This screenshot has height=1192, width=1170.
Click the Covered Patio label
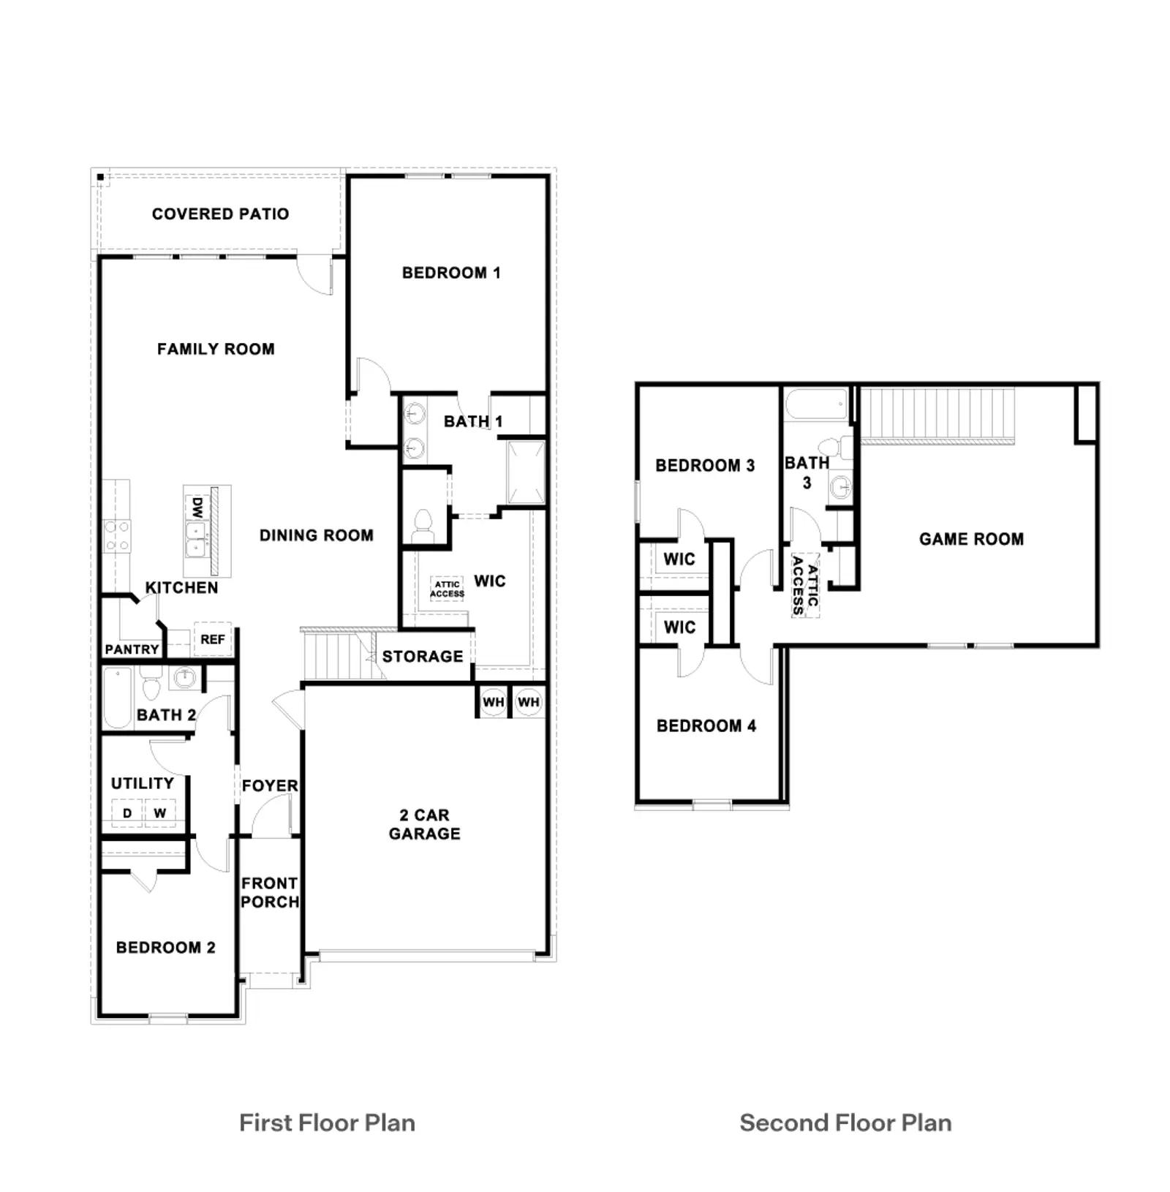coord(220,214)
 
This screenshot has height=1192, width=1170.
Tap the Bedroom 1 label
coord(451,273)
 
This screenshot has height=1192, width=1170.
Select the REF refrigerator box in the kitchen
coord(213,639)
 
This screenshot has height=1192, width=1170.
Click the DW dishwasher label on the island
coord(197,508)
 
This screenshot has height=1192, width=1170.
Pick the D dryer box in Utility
coord(127,813)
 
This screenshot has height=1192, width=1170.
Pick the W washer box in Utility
coord(160,813)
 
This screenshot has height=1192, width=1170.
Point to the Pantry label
coord(132,649)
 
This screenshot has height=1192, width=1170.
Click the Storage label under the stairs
coord(423,657)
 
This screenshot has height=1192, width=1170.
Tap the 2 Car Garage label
coord(425,824)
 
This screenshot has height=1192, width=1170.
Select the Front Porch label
coord(270,893)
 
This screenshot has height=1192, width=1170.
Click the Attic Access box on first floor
coord(447,589)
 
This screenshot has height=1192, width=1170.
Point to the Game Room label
coord(971,540)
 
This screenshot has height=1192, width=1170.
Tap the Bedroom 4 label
coord(706,726)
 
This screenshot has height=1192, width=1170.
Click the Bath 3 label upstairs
coord(807,473)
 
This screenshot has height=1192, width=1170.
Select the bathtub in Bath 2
coord(117,698)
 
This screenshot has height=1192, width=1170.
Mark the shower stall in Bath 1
coord(526,472)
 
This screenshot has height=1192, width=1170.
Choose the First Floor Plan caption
coord(327,1123)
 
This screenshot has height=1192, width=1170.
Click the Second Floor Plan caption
coord(845,1123)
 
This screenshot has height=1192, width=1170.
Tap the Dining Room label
coord(317,535)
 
